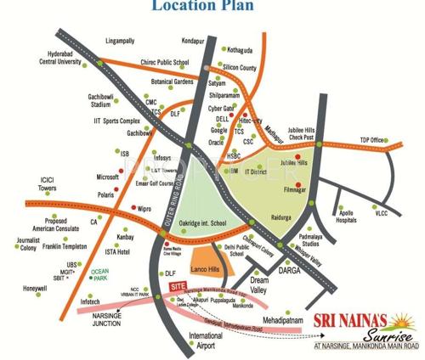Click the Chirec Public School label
coord(160,63)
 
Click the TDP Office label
coord(371,140)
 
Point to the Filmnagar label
coord(296,193)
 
